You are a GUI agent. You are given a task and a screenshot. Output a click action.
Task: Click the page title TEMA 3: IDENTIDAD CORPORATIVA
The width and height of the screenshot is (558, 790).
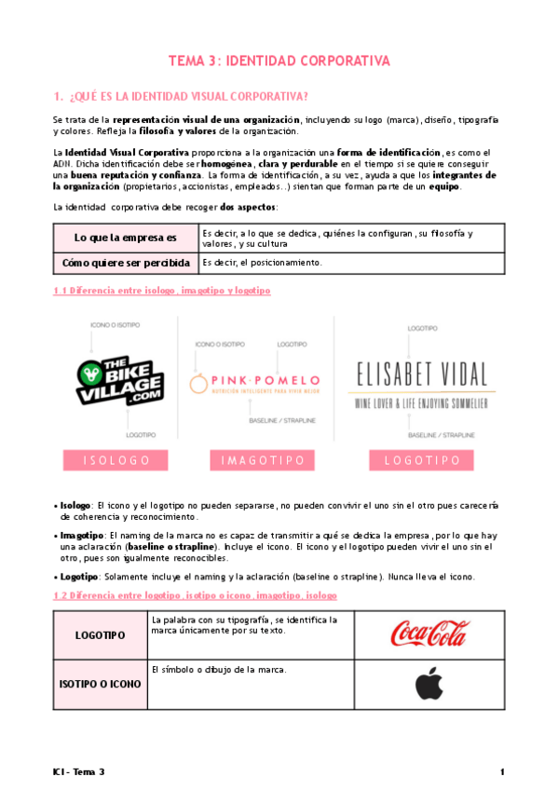click(x=279, y=61)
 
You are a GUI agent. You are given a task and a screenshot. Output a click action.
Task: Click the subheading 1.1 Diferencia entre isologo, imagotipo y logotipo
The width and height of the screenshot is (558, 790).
click(x=161, y=292)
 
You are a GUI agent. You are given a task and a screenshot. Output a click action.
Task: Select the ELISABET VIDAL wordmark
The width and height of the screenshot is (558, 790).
click(x=422, y=375)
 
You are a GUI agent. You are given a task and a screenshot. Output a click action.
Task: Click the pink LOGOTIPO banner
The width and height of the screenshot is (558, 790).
click(x=422, y=460)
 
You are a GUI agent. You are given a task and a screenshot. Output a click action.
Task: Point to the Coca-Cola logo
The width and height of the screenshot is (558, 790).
click(x=429, y=634)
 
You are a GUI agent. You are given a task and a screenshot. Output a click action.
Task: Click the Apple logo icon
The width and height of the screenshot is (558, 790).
click(x=429, y=684)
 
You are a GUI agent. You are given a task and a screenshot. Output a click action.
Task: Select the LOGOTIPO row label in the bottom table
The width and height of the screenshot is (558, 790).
click(x=100, y=634)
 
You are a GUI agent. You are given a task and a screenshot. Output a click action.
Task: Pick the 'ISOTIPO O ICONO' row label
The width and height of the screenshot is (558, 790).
click(x=100, y=684)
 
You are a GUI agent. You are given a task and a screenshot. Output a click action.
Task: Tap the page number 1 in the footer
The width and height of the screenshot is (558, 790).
click(x=502, y=772)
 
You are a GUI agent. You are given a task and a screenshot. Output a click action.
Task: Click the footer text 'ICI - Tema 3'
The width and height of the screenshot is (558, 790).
click(x=79, y=772)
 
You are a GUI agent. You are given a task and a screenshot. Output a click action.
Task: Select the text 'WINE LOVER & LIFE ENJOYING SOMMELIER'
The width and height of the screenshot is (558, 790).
click(x=422, y=402)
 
